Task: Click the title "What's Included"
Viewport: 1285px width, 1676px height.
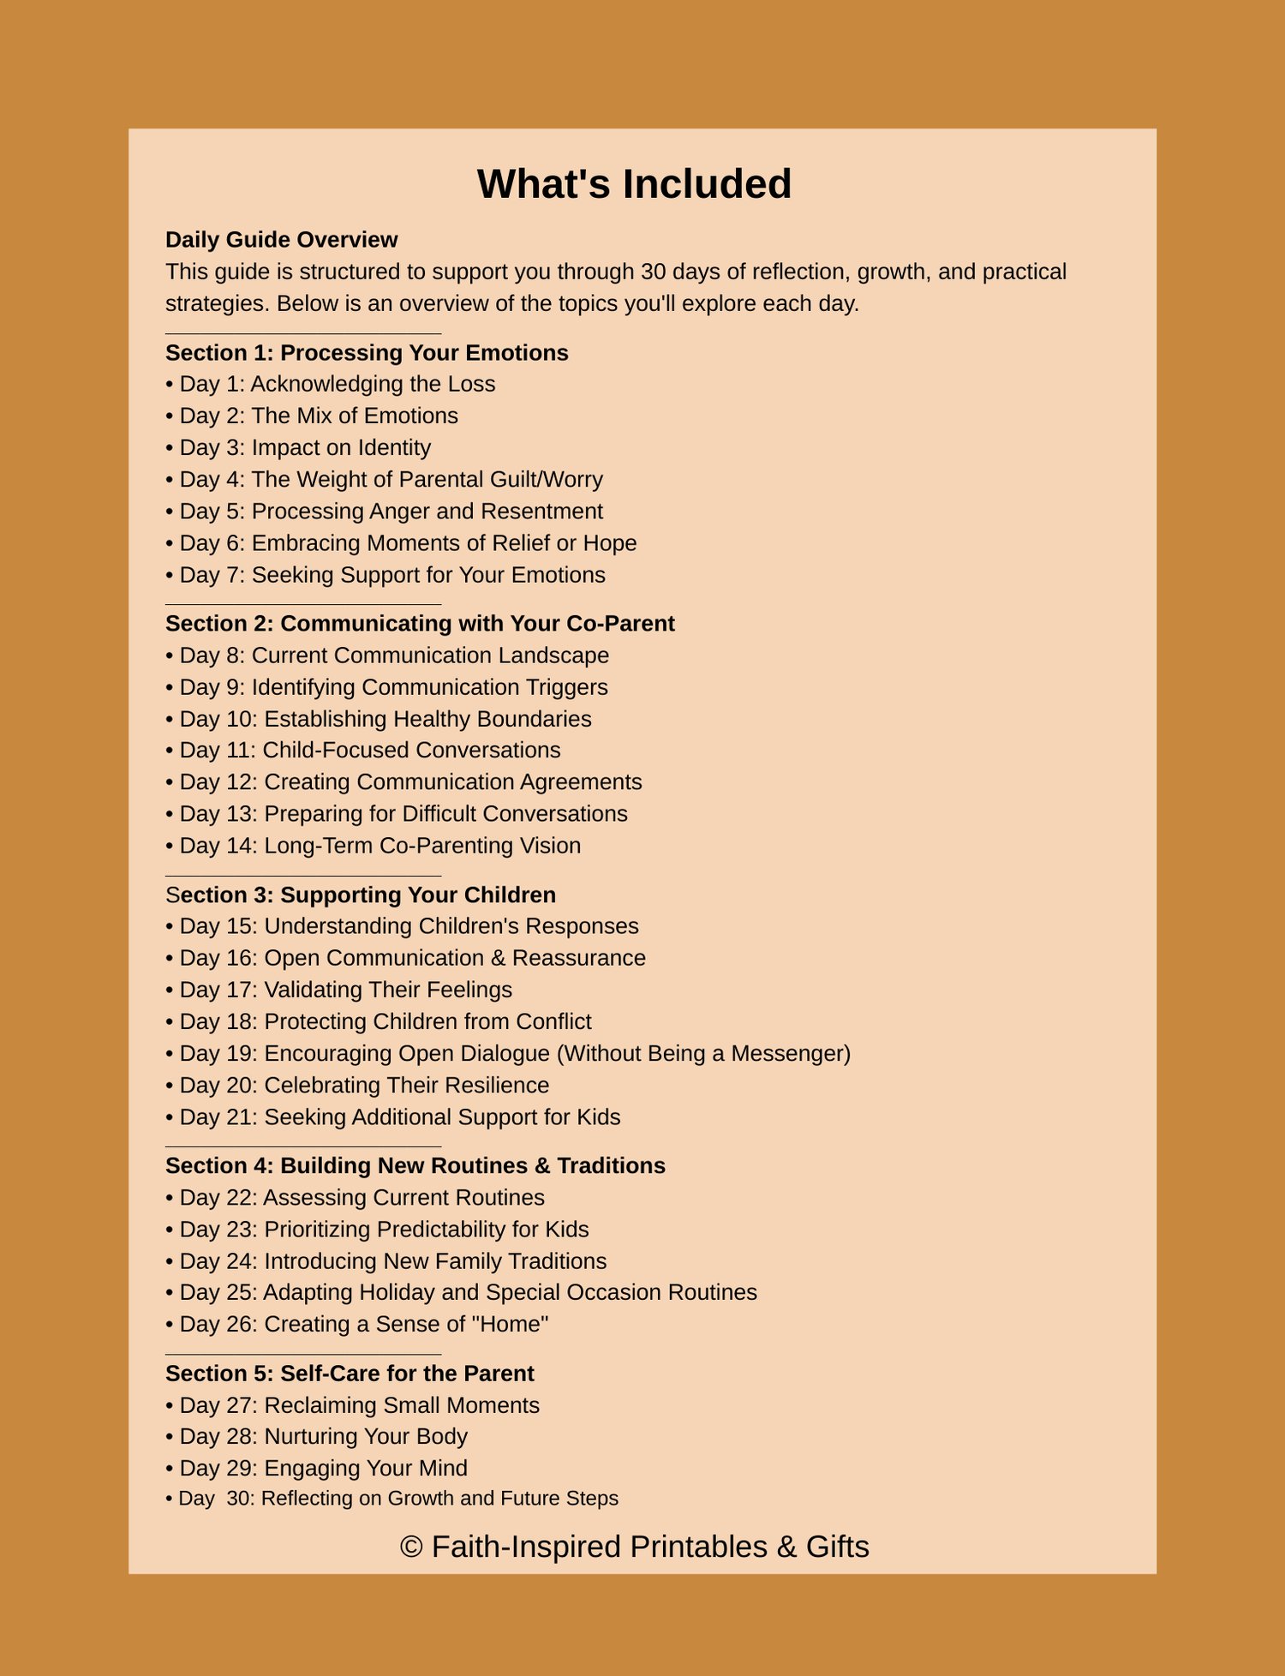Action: (634, 184)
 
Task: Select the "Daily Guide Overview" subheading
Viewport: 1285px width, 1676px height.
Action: (281, 240)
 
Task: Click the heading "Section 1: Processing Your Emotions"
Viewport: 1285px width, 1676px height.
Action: (367, 353)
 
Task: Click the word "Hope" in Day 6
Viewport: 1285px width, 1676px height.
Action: (609, 543)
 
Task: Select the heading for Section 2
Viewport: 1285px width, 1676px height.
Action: (420, 624)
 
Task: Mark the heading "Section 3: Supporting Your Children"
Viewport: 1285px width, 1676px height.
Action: (361, 895)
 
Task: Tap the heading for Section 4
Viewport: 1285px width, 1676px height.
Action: (415, 1166)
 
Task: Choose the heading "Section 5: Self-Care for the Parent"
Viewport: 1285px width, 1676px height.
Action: (350, 1374)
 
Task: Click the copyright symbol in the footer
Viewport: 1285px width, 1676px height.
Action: (411, 1547)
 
